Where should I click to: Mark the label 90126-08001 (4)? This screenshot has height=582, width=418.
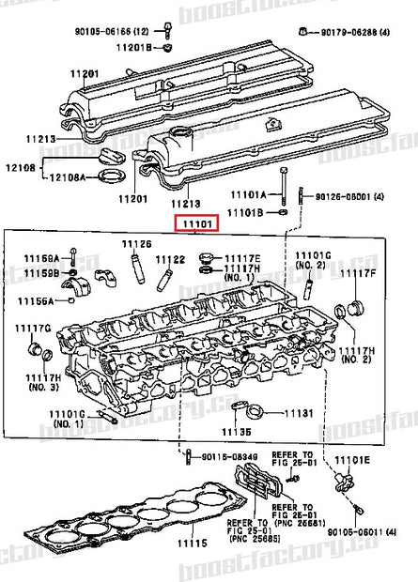click(x=354, y=197)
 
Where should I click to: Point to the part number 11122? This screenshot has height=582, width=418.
click(x=170, y=258)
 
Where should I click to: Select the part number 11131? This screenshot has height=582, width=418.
click(x=297, y=412)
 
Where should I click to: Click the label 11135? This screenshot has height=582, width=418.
click(x=236, y=431)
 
